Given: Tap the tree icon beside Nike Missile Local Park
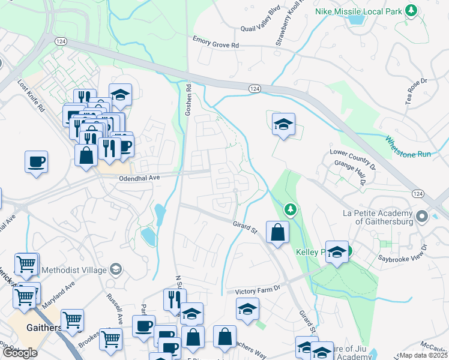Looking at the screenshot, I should tap(411, 10).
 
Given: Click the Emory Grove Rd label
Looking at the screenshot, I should tap(215, 41).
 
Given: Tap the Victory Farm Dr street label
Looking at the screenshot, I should tap(258, 289).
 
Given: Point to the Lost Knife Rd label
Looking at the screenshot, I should tap(32, 97).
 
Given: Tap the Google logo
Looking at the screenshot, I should tap(20, 353).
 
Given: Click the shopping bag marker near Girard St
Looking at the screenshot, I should tap(277, 233).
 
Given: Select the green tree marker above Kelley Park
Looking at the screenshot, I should tap(291, 209).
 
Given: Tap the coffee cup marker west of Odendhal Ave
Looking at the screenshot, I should tap(36, 161).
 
